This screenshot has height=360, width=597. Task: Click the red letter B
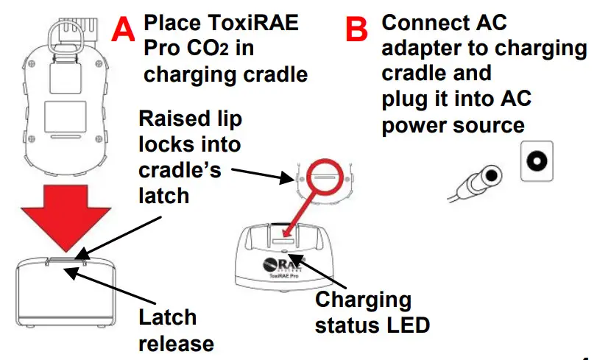coord(357,29)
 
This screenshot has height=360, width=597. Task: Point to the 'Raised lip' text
coord(191,119)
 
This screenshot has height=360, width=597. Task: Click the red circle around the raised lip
coord(325,177)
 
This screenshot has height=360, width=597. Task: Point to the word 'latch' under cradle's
coord(164,195)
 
